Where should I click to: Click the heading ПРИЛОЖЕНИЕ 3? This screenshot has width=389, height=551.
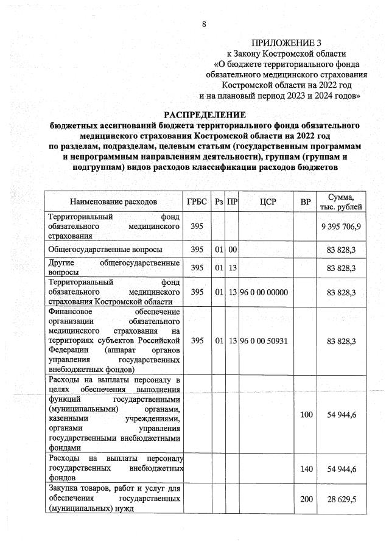coord(286,43)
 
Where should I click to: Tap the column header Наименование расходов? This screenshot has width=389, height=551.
coord(113,201)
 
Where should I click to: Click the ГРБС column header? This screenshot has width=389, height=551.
coord(197,201)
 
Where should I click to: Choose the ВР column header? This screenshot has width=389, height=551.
coord(306,201)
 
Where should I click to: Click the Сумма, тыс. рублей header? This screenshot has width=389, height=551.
coord(345,201)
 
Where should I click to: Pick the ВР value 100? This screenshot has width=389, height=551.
coord(306,414)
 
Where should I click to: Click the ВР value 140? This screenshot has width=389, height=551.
coord(306,468)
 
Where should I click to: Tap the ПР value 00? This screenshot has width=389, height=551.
coord(232,249)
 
